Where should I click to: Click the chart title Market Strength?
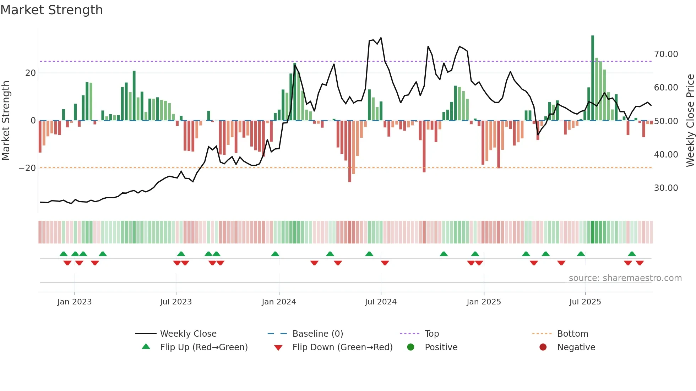point(51,10)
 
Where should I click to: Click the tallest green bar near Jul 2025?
point(593,78)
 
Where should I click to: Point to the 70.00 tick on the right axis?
point(666,54)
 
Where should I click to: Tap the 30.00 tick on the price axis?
point(666,188)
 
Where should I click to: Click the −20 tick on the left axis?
point(27,168)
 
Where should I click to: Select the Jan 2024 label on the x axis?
point(279,302)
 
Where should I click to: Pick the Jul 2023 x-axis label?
point(176,302)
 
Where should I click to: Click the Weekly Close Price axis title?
point(690,121)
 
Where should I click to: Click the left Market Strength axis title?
point(6,121)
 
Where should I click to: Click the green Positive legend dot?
point(411,347)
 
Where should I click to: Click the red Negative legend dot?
point(543,347)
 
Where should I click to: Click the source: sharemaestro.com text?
point(625,278)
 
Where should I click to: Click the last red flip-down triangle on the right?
point(640,263)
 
